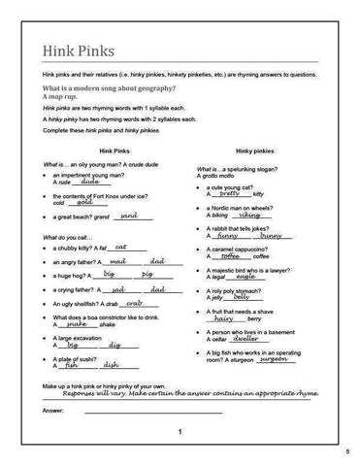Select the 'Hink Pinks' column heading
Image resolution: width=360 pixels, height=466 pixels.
click(x=88, y=151)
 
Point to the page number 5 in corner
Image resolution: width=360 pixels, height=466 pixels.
click(x=346, y=453)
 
